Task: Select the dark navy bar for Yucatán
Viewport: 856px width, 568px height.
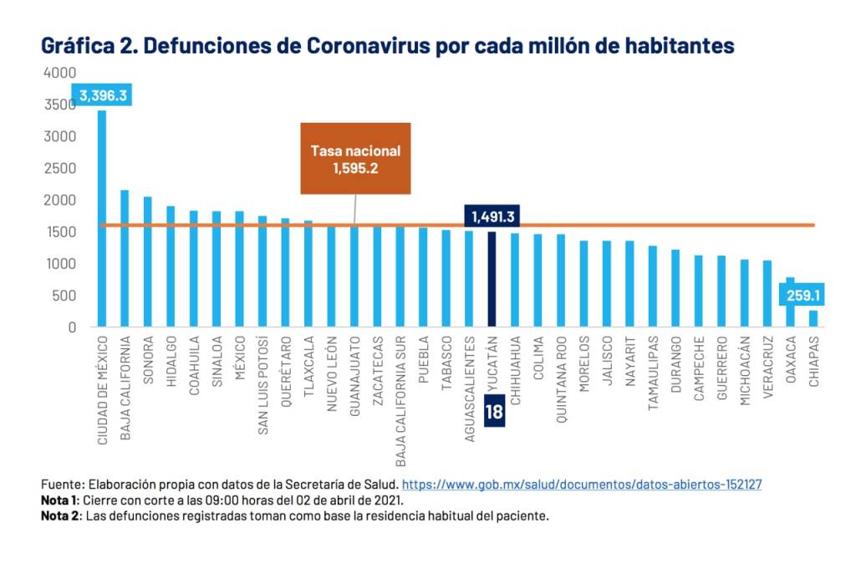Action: click(492, 279)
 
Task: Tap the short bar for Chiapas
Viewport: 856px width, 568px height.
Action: click(813, 318)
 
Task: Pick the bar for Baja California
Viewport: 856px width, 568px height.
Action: click(125, 258)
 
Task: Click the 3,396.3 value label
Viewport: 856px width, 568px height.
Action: click(103, 96)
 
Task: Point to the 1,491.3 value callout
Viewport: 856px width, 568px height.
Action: click(493, 216)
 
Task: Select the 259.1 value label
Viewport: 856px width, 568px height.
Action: click(802, 295)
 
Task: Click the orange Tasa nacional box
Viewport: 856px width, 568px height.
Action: click(355, 159)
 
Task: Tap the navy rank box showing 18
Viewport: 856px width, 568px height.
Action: click(493, 412)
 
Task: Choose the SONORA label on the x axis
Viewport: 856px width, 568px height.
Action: click(148, 361)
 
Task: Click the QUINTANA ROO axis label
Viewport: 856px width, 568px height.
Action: click(562, 380)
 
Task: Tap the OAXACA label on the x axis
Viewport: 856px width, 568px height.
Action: click(790, 360)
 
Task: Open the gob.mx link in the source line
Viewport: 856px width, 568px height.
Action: click(582, 484)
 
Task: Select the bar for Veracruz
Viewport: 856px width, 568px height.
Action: click(767, 293)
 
